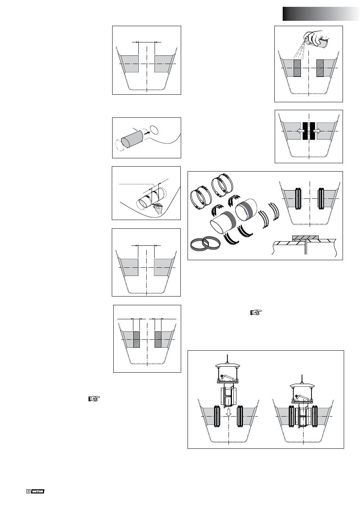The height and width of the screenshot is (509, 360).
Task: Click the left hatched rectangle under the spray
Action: [x=297, y=68]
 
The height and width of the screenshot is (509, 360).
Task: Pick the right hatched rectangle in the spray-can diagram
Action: [x=320, y=68]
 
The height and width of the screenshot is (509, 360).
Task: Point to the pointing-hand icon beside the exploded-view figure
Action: [x=256, y=313]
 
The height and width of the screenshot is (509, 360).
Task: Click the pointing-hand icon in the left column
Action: [x=94, y=398]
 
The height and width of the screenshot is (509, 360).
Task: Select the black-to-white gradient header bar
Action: [x=321, y=14]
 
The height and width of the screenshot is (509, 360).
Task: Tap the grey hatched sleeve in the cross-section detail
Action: [x=306, y=238]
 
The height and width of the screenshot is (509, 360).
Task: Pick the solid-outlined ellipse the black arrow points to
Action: [x=154, y=130]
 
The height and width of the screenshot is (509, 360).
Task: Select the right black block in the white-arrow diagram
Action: [x=313, y=131]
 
